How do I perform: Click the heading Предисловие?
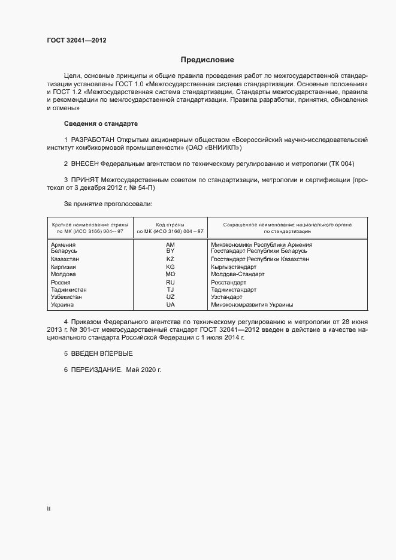[208, 60]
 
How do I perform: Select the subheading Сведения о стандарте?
[101, 123]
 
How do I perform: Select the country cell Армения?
[63, 244]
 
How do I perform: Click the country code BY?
[170, 251]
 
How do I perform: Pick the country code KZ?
[170, 259]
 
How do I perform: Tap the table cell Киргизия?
[64, 267]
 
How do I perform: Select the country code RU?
[170, 282]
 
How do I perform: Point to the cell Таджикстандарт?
[237, 289]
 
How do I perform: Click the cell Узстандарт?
[226, 296]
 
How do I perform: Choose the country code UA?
[170, 304]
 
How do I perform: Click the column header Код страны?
[170, 224]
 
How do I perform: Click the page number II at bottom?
[49, 508]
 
